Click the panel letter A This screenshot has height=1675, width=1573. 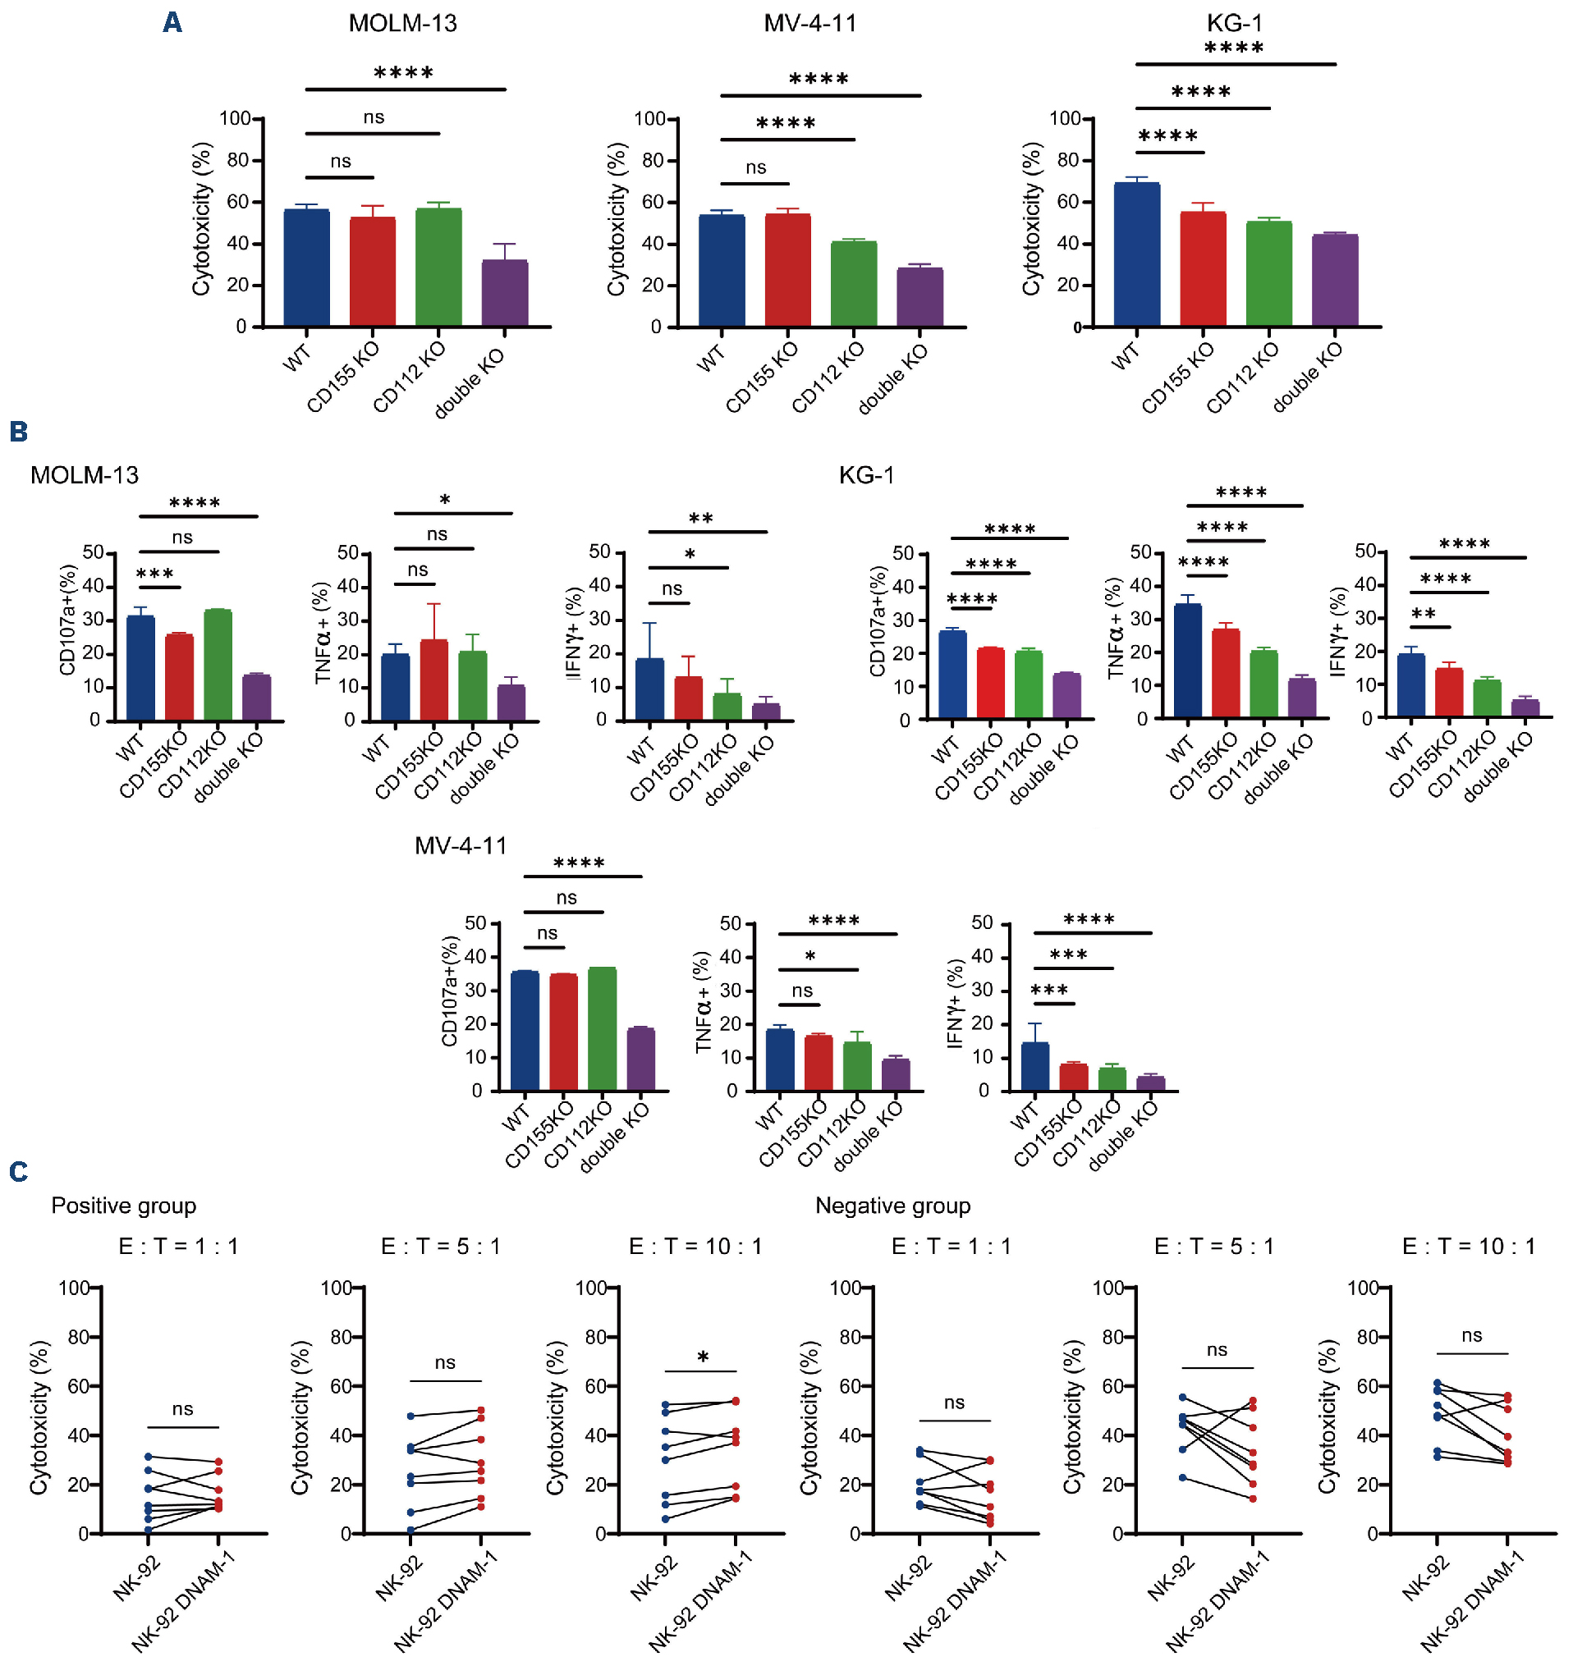(x=172, y=22)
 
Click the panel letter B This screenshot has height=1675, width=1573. (x=18, y=432)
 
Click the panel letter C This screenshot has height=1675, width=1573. (x=18, y=1171)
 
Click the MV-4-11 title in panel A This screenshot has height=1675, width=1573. (x=809, y=23)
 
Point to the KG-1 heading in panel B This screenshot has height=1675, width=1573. (x=866, y=475)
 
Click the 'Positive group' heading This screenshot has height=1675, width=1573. (x=124, y=1206)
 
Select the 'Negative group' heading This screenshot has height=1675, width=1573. (x=892, y=1206)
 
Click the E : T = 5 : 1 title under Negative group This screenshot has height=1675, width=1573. (x=1213, y=1246)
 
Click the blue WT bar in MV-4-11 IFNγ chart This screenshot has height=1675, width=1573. (x=1034, y=1067)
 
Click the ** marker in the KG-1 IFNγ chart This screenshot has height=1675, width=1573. (x=1423, y=613)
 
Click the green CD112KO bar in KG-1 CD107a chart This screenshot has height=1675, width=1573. (x=1028, y=685)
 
